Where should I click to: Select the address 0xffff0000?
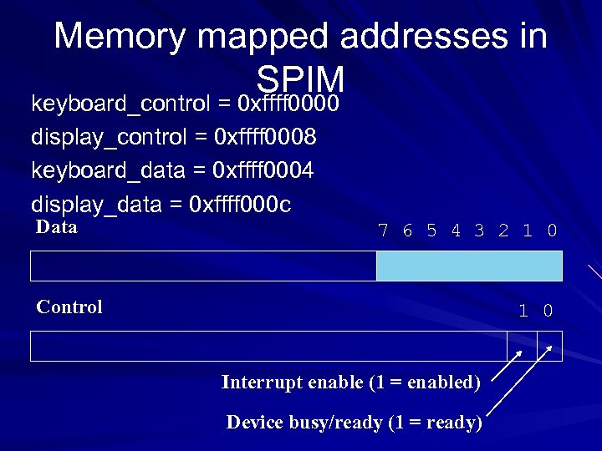288,104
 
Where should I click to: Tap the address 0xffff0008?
266,135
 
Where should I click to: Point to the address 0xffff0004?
263,170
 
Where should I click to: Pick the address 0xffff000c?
241,205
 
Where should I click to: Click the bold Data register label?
57,227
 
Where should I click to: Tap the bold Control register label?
69,307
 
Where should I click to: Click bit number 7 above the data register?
383,231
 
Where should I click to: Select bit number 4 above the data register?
455,231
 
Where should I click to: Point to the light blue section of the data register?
469,266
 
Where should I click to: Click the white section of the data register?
203,266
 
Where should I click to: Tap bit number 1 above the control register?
523,312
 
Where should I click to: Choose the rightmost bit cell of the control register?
549,346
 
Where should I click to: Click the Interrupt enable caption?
350,383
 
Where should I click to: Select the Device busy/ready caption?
354,422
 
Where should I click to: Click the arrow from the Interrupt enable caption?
507,367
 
